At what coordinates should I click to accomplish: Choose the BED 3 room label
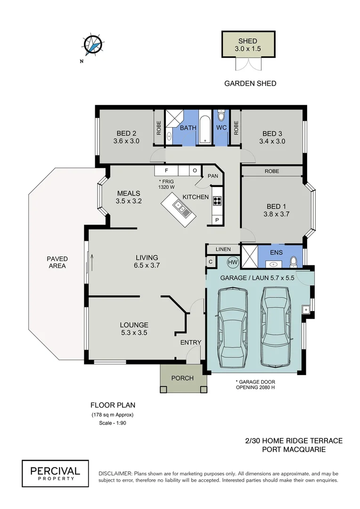coord(272,133)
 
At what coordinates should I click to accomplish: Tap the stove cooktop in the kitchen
coord(217,201)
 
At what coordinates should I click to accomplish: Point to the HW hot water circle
coord(233,262)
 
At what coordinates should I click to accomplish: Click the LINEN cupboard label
coord(223,249)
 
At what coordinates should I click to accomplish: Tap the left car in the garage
coord(231,330)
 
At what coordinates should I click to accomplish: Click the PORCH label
coord(182,378)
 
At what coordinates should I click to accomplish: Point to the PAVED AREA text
coord(57,262)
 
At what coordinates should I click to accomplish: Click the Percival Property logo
coord(55,473)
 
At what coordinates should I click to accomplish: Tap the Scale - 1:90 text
coord(112,423)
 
